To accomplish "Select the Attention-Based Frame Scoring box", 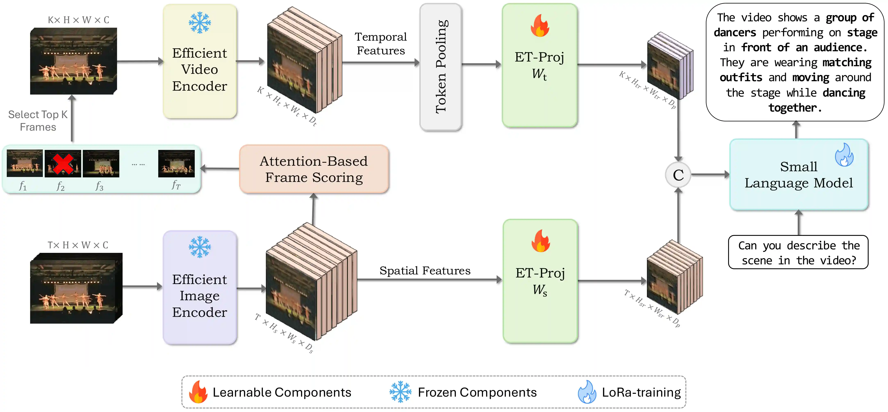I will pyautogui.click(x=314, y=169).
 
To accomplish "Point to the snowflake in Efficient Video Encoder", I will pyautogui.click(x=200, y=23).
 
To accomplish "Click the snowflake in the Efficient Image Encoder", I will pyautogui.click(x=200, y=247).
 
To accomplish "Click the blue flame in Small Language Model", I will pyautogui.click(x=844, y=155).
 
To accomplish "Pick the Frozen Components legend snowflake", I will pyautogui.click(x=400, y=392).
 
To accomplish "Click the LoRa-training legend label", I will pyautogui.click(x=641, y=392).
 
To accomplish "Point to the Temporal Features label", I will pyautogui.click(x=381, y=43).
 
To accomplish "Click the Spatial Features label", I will pyautogui.click(x=425, y=271).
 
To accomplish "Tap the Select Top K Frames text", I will pyautogui.click(x=38, y=121).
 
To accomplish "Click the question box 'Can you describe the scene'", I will pyautogui.click(x=798, y=252).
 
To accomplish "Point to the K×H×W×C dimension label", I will pyautogui.click(x=78, y=20).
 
